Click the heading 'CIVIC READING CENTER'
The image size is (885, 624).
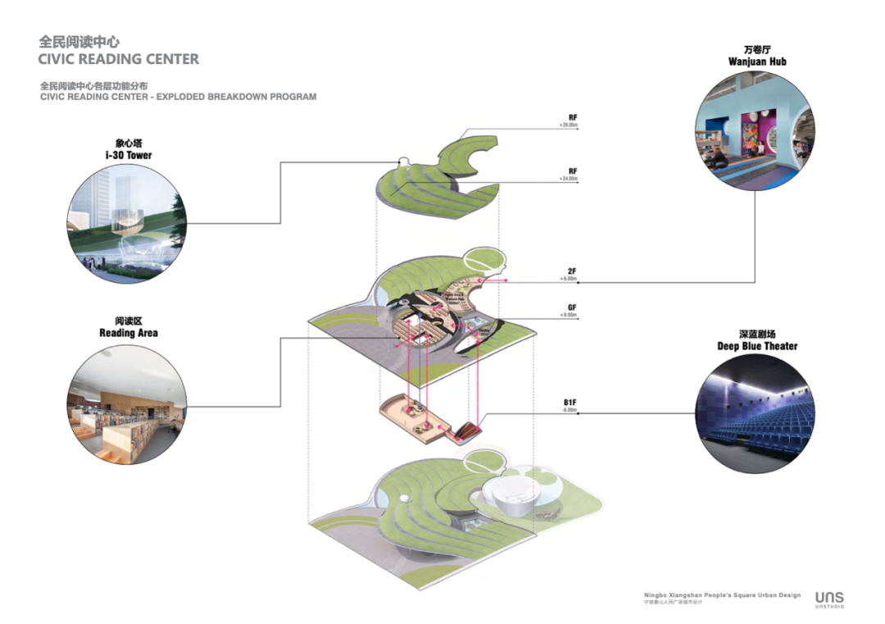pyautogui.click(x=118, y=59)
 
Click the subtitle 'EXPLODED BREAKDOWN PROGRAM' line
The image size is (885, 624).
pyautogui.click(x=178, y=97)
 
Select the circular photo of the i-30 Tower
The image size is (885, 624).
pyautogui.click(x=127, y=221)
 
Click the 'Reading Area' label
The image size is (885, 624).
pyautogui.click(x=129, y=333)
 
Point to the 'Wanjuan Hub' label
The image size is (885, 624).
pyautogui.click(x=757, y=61)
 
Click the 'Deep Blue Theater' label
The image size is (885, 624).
pyautogui.click(x=757, y=346)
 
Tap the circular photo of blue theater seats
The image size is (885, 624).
pyautogui.click(x=755, y=414)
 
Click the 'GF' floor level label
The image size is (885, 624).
pyautogui.click(x=572, y=307)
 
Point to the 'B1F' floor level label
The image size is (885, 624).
pyautogui.click(x=570, y=402)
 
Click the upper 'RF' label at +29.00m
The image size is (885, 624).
pyautogui.click(x=573, y=118)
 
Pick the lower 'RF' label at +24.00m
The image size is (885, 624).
pyautogui.click(x=573, y=171)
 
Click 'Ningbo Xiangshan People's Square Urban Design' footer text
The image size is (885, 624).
pyautogui.click(x=722, y=594)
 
